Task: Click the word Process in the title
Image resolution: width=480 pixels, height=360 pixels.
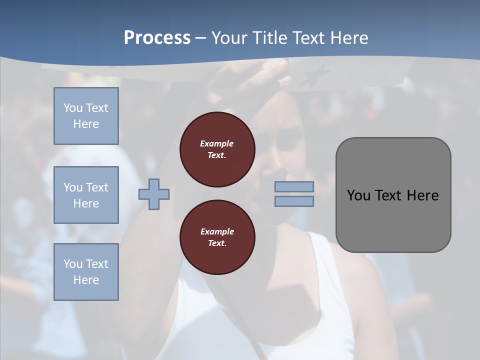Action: pos(157,38)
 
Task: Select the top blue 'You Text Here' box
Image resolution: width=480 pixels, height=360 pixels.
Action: pos(86,116)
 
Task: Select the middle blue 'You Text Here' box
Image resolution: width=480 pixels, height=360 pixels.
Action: pos(86,195)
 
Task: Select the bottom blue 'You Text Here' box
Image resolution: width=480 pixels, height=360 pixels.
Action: pos(86,272)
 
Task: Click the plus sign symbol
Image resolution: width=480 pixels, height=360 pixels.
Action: pos(154,194)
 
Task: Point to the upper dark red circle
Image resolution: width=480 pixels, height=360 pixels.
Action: pos(217,149)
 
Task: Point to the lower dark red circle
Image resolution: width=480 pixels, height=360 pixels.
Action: pos(217,237)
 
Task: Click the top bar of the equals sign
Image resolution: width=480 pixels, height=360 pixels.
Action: pos(294,186)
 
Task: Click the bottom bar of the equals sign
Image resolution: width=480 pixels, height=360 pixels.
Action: pos(294,201)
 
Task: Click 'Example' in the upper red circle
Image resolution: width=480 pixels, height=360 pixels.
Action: pos(217,144)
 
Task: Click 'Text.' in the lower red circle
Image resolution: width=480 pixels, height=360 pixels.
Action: pos(217,243)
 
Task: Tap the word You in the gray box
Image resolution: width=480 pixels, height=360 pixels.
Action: pos(358,195)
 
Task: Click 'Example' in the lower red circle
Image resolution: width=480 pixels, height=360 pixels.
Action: pos(217,231)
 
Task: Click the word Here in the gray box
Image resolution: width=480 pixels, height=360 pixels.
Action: pos(422,195)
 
